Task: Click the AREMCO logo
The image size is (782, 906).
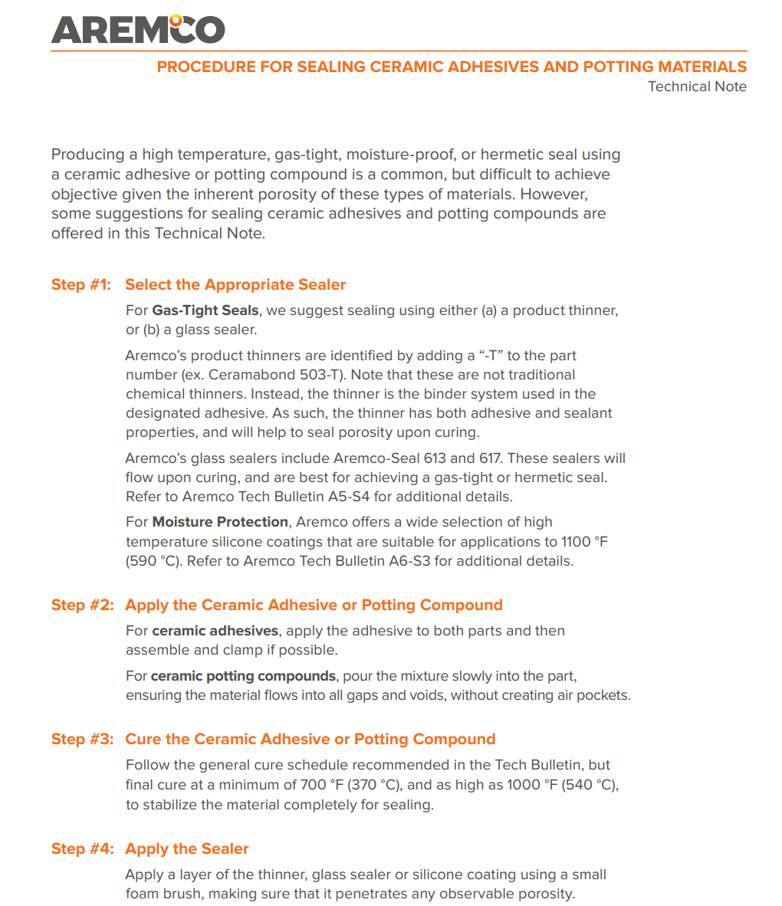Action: point(138,28)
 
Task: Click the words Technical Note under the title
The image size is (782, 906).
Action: point(697,87)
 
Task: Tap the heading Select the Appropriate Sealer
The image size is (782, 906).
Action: point(235,285)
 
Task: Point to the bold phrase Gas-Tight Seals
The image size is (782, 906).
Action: point(205,311)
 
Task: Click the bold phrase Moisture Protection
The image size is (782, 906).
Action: point(220,522)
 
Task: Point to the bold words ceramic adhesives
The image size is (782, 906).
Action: point(215,631)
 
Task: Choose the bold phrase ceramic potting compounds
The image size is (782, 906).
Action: point(243,676)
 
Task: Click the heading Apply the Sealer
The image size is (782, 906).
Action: point(187,849)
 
